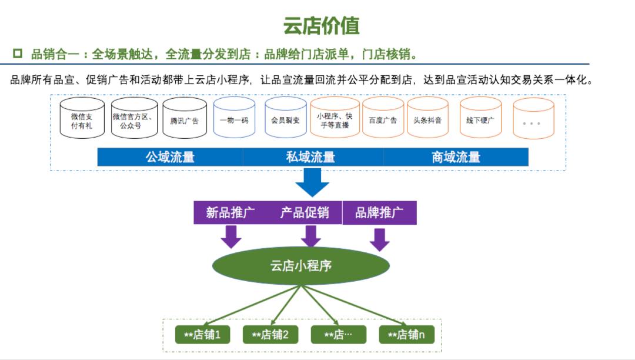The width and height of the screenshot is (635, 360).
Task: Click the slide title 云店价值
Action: [321, 26]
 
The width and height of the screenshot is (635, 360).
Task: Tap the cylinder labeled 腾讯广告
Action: [185, 121]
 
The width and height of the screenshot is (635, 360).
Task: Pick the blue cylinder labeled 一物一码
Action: [234, 120]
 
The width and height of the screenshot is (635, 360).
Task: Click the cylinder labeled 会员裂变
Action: [285, 120]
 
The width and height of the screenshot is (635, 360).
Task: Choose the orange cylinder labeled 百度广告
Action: [383, 120]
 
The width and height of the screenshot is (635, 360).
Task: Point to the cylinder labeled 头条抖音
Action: [427, 120]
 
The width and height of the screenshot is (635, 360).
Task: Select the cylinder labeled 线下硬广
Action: [480, 120]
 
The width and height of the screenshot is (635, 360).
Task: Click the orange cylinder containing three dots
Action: [533, 121]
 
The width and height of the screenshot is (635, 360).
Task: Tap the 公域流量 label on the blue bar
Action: [170, 157]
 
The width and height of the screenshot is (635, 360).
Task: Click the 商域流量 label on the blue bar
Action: [456, 157]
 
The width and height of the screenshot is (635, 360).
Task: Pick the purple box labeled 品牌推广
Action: [379, 213]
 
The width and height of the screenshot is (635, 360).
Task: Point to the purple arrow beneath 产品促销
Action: [311, 235]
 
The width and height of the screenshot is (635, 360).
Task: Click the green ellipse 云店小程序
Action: [300, 265]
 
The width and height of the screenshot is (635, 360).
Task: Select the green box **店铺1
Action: [202, 335]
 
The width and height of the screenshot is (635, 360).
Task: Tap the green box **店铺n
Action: [406, 335]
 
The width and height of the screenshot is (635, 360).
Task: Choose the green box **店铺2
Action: [270, 335]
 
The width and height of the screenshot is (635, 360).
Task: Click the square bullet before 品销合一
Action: [18, 54]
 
